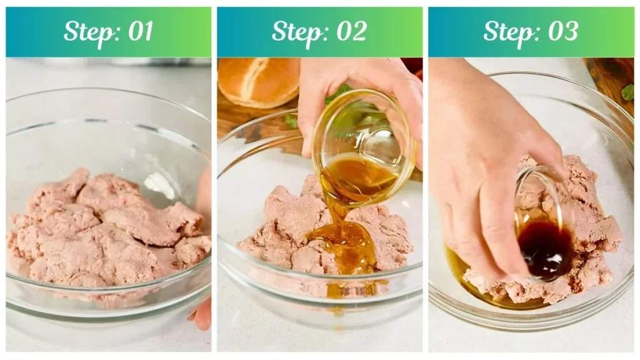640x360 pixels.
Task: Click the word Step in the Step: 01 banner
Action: point(87,32)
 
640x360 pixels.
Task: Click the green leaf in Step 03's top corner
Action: point(627,92)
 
